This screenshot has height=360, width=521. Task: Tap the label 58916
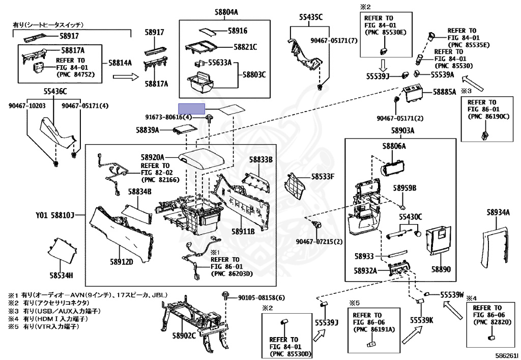[238, 31]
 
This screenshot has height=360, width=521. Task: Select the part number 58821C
[245, 47]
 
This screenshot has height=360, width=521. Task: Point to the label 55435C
[310, 17]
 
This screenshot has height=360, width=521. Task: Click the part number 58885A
[445, 93]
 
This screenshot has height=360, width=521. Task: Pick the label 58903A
[403, 130]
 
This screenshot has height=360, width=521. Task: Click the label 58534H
[62, 275]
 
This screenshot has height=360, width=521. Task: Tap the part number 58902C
[184, 336]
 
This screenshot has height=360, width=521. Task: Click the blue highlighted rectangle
[191, 108]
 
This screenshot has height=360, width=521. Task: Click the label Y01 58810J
[55, 215]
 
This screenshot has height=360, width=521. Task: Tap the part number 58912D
[121, 262]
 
